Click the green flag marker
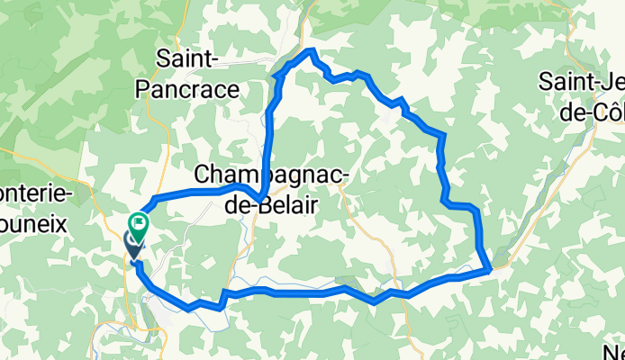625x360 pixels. click(140, 221)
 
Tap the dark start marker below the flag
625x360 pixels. click(133, 243)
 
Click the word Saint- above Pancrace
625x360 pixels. click(188, 59)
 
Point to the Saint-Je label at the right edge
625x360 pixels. click(582, 81)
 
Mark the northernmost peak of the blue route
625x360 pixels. click(311, 51)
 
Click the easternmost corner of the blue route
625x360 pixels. click(489, 266)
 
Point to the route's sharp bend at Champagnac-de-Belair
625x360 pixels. click(260, 197)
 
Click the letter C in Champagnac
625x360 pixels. click(203, 174)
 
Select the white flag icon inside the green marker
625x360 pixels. click(140, 219)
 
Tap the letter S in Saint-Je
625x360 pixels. click(546, 81)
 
